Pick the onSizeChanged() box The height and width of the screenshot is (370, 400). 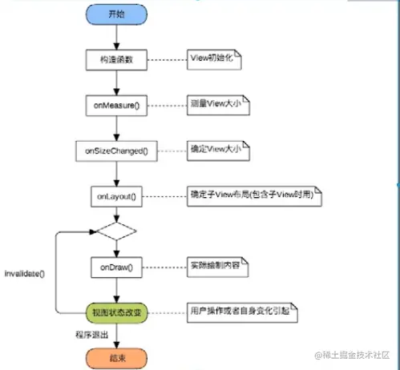click(117, 151)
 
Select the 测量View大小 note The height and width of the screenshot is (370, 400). click(217, 105)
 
